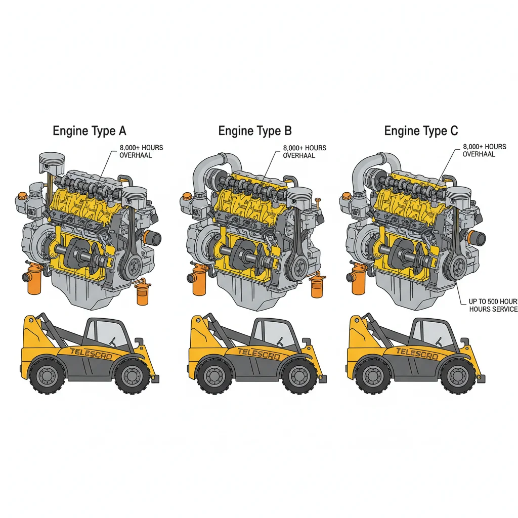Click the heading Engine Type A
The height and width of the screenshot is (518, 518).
[x=90, y=131]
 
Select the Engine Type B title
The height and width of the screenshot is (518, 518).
[x=255, y=131]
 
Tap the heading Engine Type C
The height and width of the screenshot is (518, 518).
[x=421, y=131]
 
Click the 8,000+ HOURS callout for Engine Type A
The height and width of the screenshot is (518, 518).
[x=141, y=147]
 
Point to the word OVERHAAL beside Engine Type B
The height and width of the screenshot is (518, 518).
[x=299, y=155]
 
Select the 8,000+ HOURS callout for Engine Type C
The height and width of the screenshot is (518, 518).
[x=484, y=147]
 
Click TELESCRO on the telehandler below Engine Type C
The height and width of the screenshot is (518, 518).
[x=417, y=353]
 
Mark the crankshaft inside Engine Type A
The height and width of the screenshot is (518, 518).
[x=81, y=250]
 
